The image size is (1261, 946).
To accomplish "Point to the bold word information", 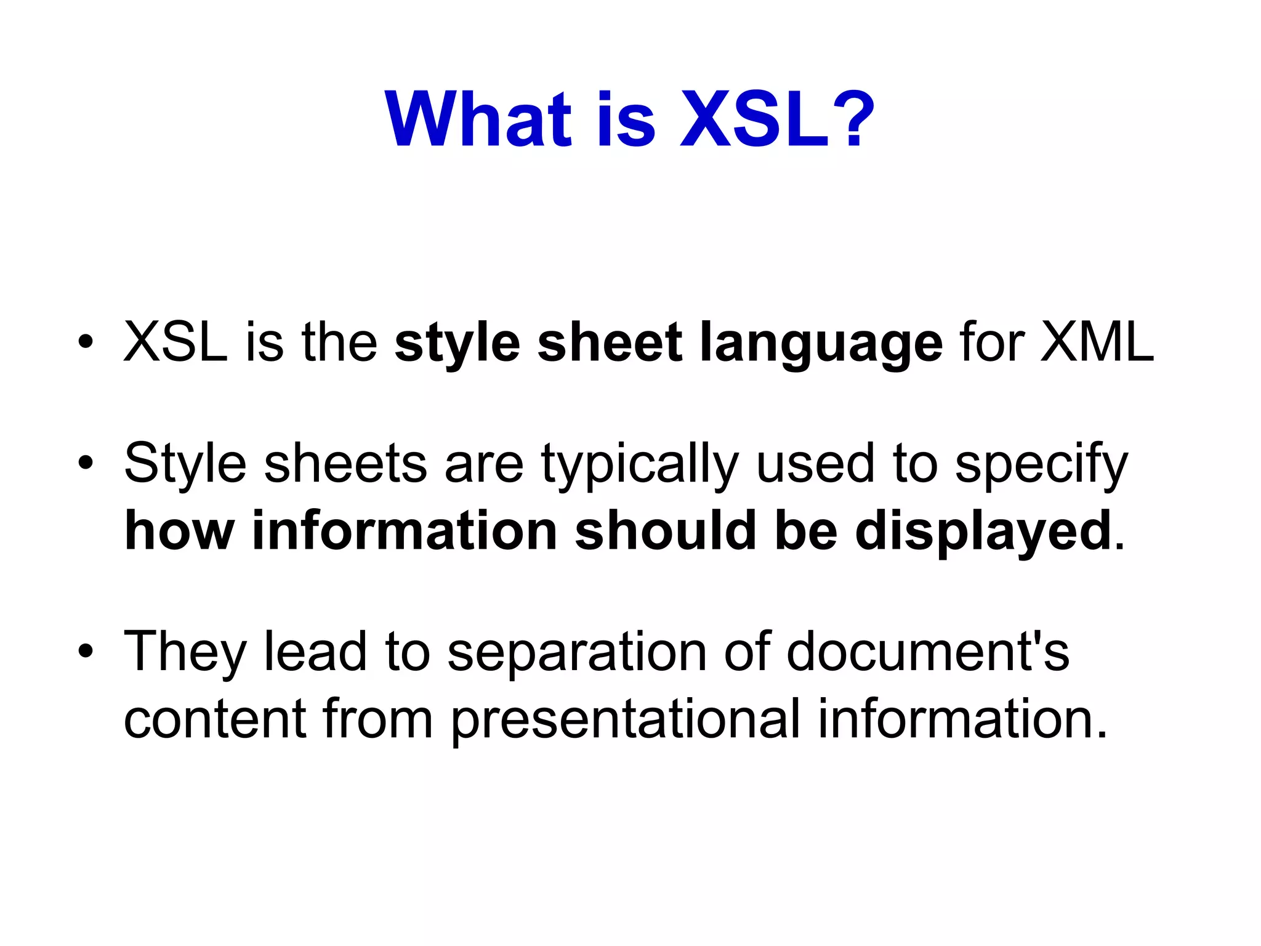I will pyautogui.click(x=405, y=531).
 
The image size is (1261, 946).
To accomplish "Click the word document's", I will pyautogui.click(x=928, y=652).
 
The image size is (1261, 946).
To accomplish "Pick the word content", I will pyautogui.click(x=215, y=719).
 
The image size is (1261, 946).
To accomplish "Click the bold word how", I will pyautogui.click(x=179, y=531).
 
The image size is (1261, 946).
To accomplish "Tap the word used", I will pyautogui.click(x=815, y=463).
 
